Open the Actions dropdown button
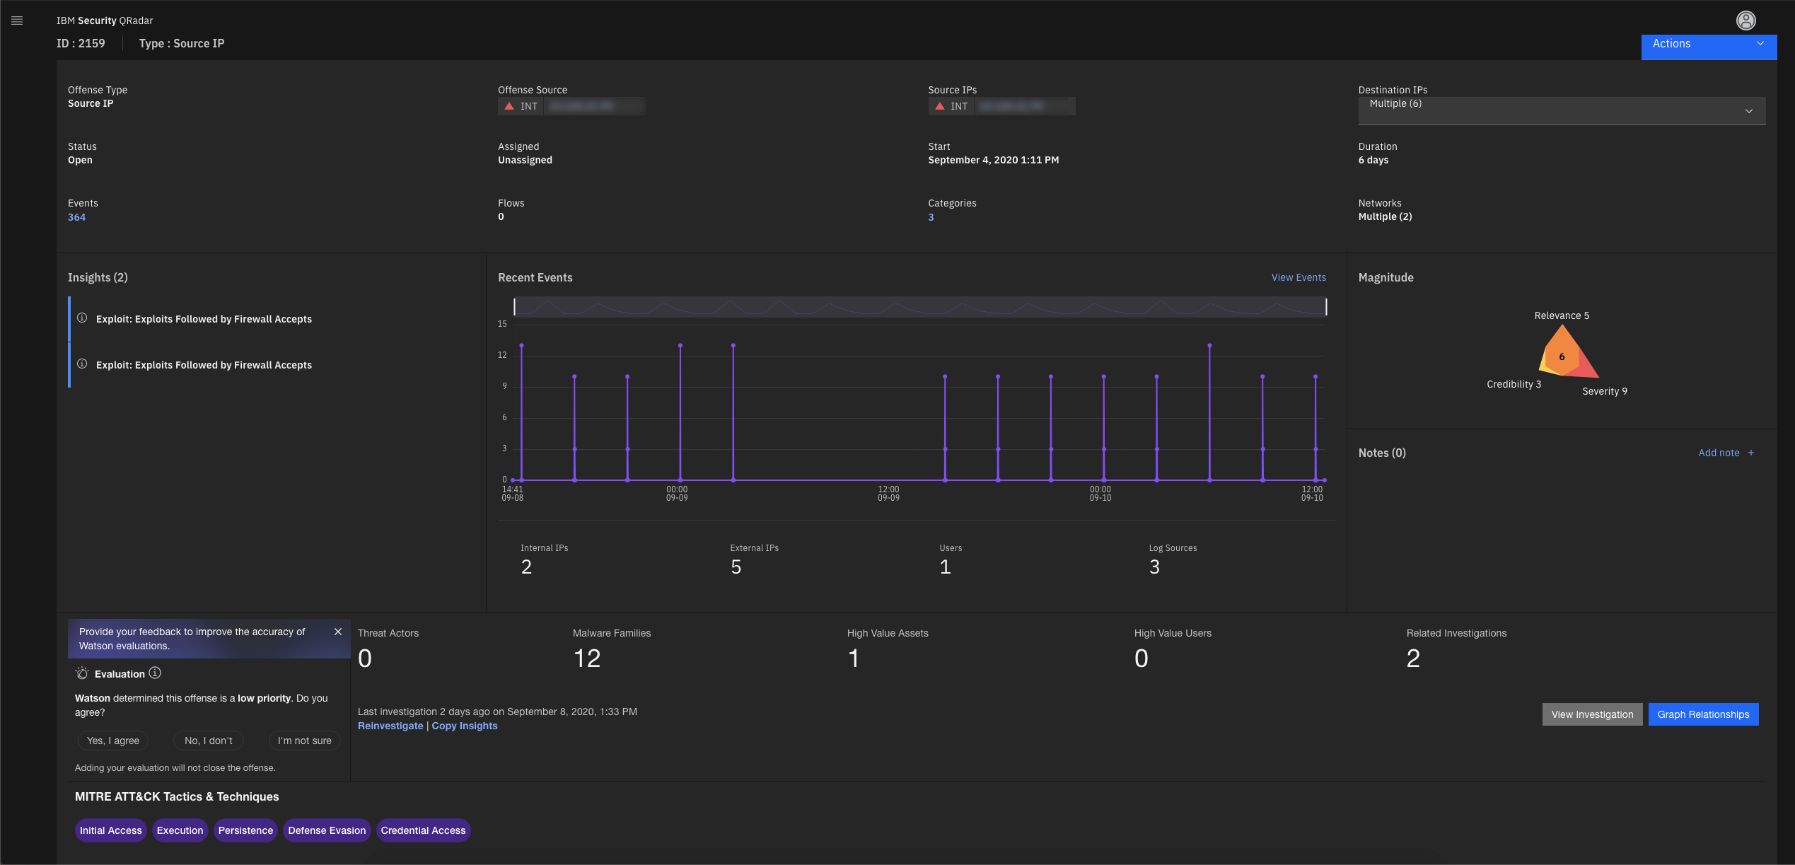[x=1708, y=44]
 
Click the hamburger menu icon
[x=17, y=21]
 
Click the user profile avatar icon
[x=1745, y=21]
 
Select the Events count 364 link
[x=76, y=217]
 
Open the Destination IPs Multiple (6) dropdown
[x=1561, y=110]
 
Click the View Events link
[x=1298, y=277]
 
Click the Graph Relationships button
[x=1702, y=714]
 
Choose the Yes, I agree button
[x=113, y=741]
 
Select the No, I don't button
[x=208, y=741]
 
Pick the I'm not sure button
[x=304, y=741]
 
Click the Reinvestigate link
[x=390, y=726]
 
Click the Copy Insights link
[x=465, y=726]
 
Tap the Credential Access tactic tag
[x=423, y=830]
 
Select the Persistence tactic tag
[x=245, y=830]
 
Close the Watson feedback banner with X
[x=338, y=632]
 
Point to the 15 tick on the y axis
[x=502, y=324]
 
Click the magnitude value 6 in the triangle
[x=1562, y=356]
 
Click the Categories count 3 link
[x=931, y=217]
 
